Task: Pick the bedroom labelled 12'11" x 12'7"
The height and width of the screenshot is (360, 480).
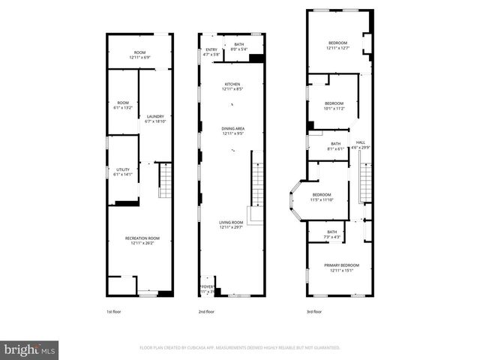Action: click(337, 46)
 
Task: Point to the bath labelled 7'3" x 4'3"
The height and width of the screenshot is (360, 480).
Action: click(331, 235)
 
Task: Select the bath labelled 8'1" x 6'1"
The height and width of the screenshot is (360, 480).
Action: click(335, 145)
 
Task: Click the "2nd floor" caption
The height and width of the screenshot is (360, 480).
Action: click(206, 311)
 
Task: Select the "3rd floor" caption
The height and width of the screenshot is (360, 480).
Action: click(313, 311)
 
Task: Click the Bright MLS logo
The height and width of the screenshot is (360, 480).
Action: click(30, 349)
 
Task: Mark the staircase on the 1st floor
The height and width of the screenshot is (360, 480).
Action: click(165, 182)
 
